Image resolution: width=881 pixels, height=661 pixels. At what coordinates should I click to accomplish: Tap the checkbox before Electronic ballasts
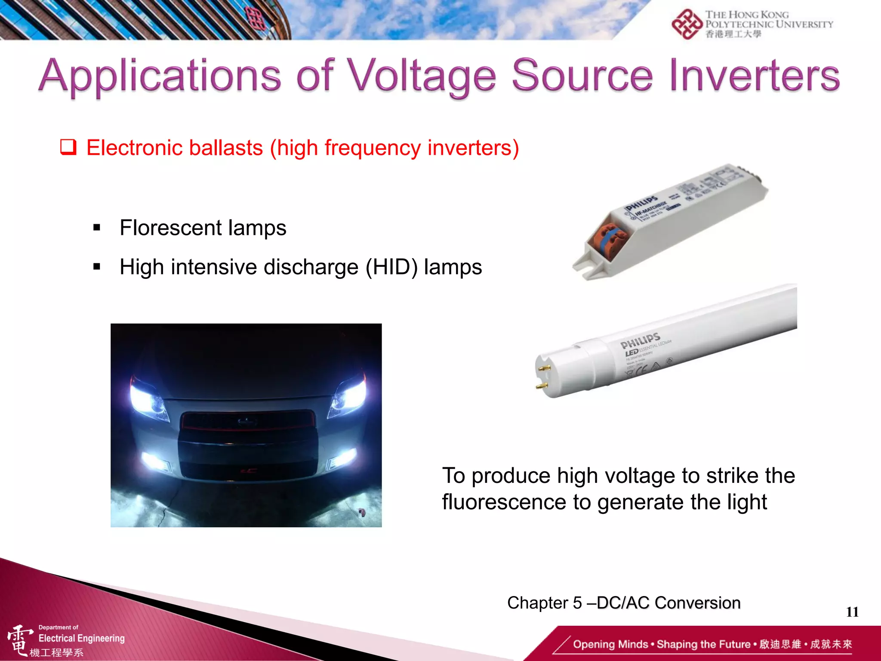tap(68, 147)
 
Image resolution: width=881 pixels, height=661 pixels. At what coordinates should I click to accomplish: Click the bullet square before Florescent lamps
tap(97, 227)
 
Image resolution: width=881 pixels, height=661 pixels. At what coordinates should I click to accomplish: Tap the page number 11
tap(852, 612)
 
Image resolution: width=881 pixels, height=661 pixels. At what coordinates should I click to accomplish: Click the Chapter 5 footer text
tap(623, 602)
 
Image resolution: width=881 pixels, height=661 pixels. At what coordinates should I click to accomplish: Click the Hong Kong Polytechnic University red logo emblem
tap(687, 24)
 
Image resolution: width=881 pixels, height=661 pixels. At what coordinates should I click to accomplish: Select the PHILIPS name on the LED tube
tap(640, 340)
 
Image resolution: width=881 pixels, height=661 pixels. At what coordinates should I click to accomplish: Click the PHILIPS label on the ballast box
tap(641, 203)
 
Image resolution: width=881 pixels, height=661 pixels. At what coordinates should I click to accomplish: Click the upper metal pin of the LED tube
tap(545, 368)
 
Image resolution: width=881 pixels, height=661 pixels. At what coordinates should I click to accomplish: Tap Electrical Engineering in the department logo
tap(81, 638)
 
